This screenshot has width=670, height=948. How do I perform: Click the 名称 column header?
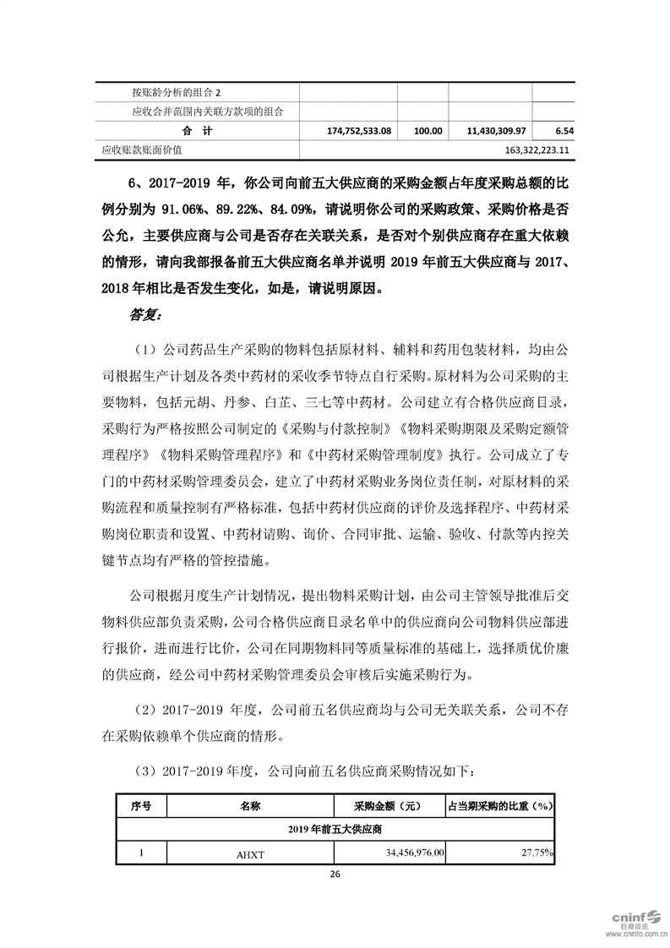pyautogui.click(x=250, y=806)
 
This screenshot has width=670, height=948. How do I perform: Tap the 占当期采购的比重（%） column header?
pyautogui.click(x=499, y=806)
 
